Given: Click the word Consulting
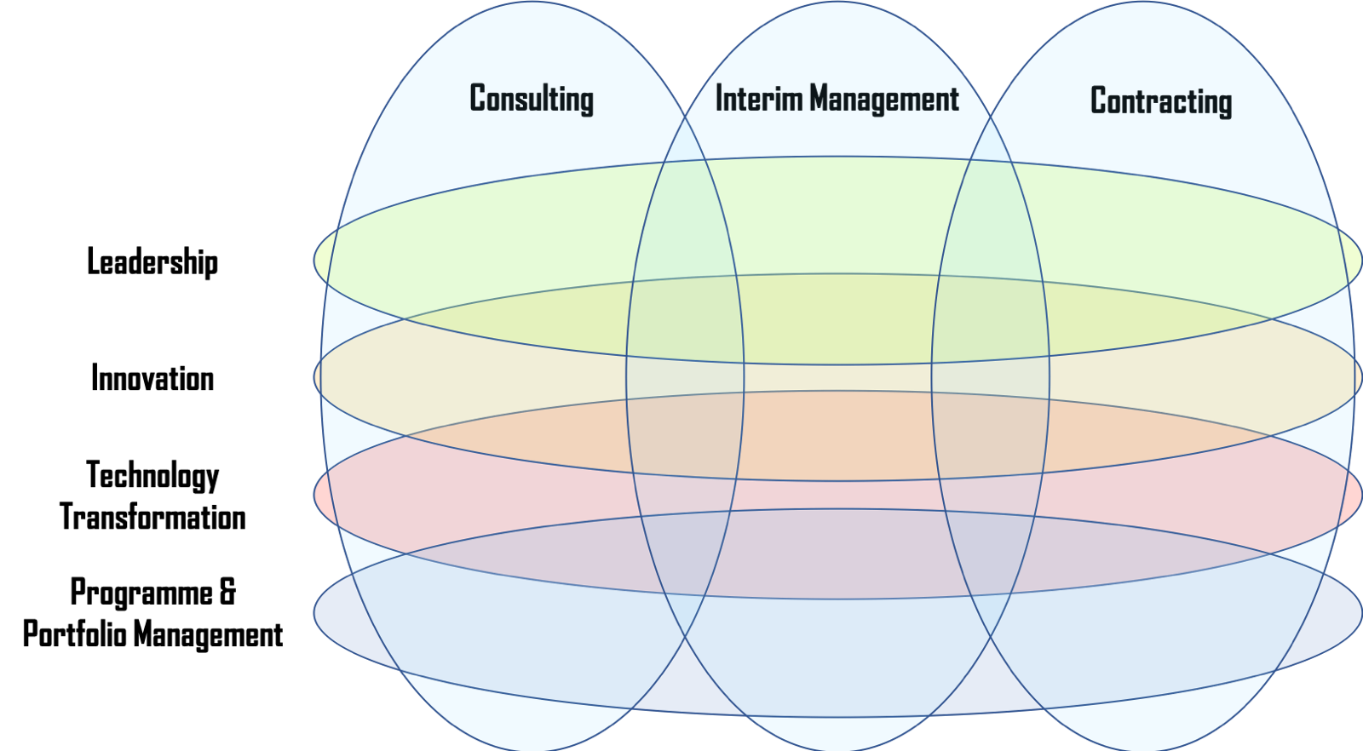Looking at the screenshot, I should point(532,99).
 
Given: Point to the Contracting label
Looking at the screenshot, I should point(1161,102).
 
